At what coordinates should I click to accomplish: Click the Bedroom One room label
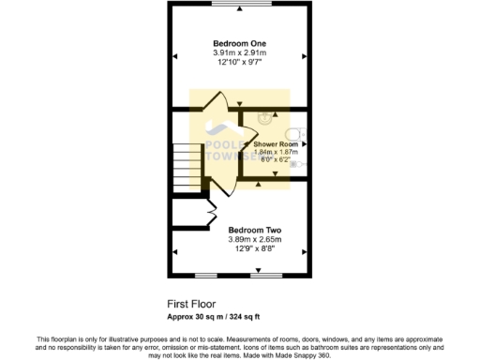tap(240, 44)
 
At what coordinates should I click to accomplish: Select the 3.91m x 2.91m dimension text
tap(240, 53)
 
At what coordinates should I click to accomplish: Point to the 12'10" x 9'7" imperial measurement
tap(240, 63)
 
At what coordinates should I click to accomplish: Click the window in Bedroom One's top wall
tap(240, 8)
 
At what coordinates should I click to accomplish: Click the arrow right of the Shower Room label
tap(304, 143)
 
